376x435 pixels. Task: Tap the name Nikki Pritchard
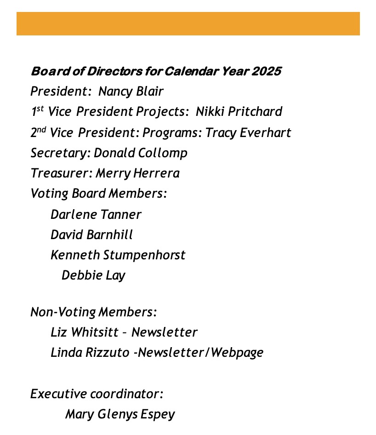tap(239, 112)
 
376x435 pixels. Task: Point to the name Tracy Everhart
tap(248, 132)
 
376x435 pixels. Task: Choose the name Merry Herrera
tap(137, 173)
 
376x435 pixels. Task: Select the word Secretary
tap(58, 153)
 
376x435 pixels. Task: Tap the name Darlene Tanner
tap(96, 214)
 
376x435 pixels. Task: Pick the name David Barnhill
tap(91, 235)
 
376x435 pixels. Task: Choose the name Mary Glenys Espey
tap(120, 414)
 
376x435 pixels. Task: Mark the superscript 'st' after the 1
tap(40, 108)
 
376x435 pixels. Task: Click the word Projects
tap(163, 112)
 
